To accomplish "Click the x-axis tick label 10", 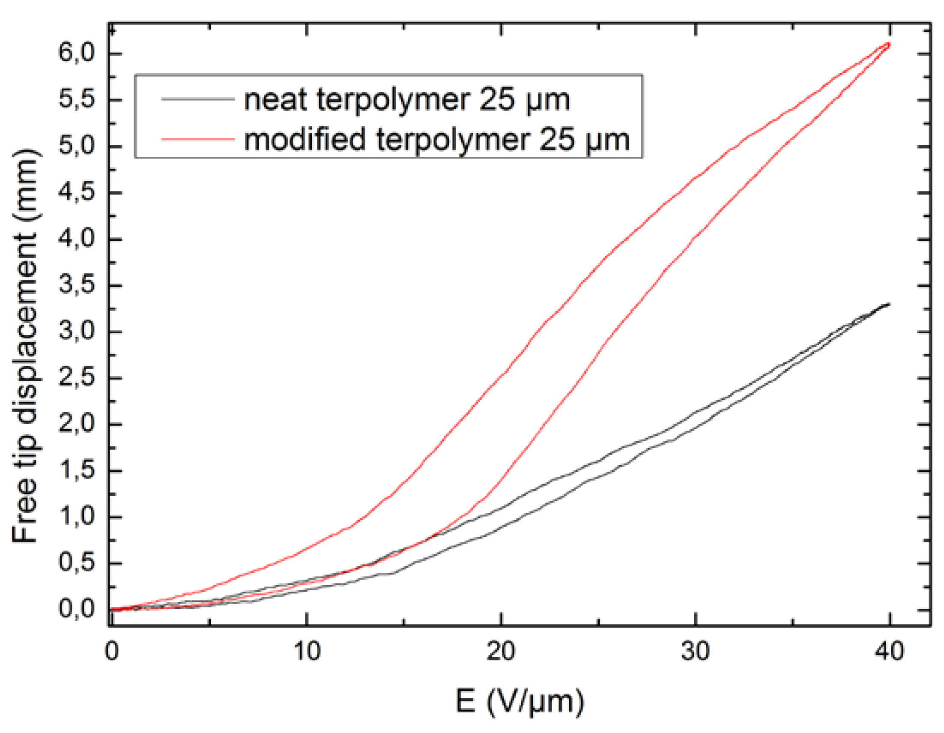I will (x=306, y=650).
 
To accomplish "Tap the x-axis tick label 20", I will (x=501, y=650).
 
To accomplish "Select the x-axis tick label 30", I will (x=696, y=650).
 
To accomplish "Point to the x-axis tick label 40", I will (x=890, y=650).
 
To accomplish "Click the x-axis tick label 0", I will (x=112, y=650).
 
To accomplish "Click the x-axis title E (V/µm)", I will (x=520, y=702).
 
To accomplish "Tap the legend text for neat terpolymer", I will (x=407, y=99).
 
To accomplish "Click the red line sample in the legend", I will (x=197, y=139).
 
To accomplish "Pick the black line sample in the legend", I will (x=197, y=99).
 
